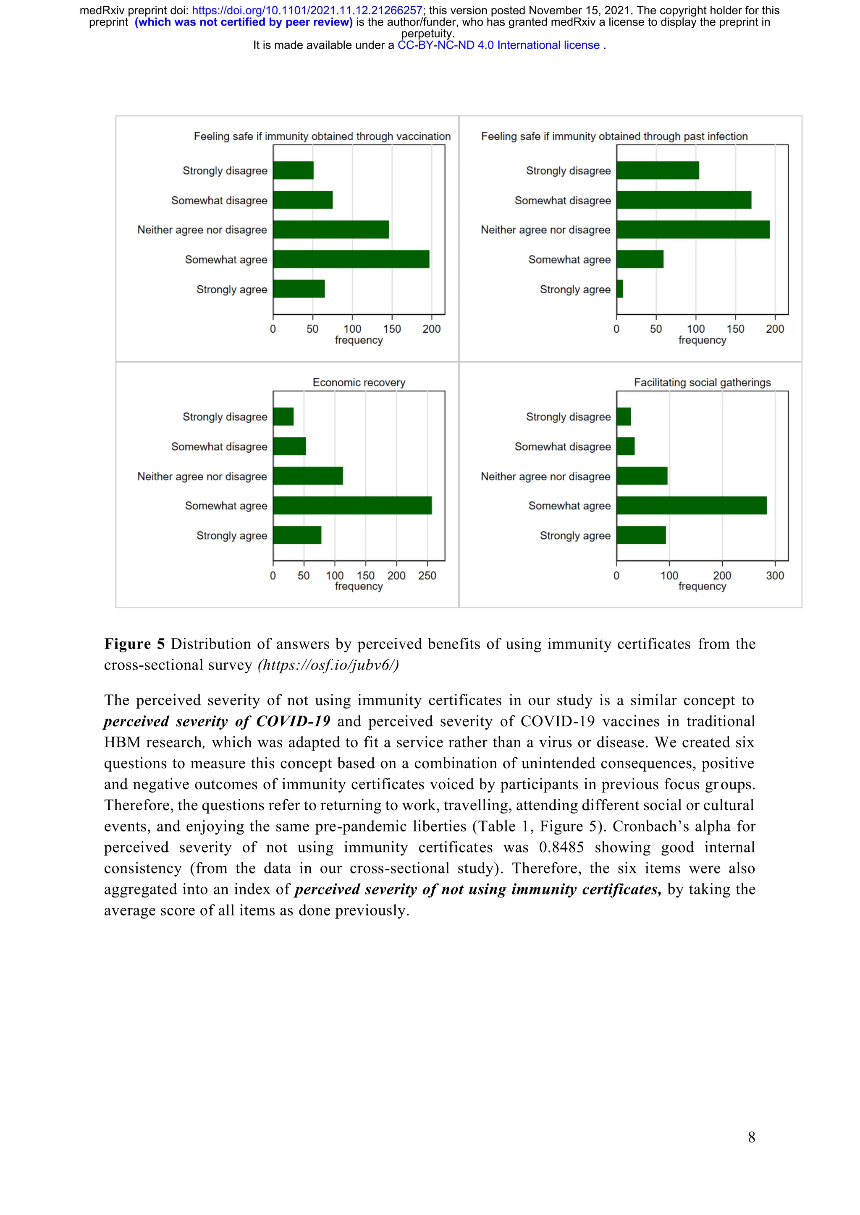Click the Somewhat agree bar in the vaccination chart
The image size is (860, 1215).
point(351,259)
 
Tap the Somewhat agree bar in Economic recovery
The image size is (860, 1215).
point(352,506)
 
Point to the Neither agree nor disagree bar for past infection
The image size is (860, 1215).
point(692,229)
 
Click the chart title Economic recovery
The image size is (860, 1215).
point(359,382)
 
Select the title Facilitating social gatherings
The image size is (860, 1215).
point(702,382)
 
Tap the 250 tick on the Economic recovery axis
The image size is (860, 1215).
point(427,575)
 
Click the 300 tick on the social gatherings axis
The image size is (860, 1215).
point(775,575)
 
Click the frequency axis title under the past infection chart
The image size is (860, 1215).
point(702,340)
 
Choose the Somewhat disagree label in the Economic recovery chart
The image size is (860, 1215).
point(219,447)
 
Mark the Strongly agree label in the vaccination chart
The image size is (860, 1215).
point(231,289)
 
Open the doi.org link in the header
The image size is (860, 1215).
point(307,10)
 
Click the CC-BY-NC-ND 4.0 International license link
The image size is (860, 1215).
point(498,45)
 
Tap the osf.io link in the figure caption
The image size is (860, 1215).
point(328,665)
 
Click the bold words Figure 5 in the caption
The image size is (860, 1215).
point(134,644)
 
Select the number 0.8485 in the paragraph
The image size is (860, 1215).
point(561,847)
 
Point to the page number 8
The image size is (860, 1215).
point(751,1137)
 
